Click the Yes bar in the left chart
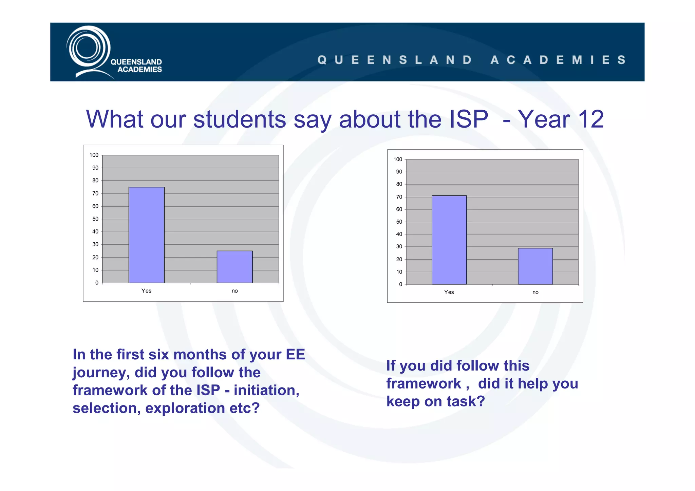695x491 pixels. (146, 235)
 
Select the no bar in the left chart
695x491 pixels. (234, 267)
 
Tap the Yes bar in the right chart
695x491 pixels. (449, 240)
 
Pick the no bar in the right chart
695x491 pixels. (535, 266)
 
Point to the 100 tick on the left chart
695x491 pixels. (94, 155)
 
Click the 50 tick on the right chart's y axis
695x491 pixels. (399, 222)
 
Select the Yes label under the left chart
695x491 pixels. (146, 291)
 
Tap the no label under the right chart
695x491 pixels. (535, 292)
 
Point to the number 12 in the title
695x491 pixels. (591, 119)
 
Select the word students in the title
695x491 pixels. (240, 119)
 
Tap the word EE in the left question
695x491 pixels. (295, 355)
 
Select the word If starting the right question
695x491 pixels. (391, 366)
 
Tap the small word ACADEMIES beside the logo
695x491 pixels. (139, 70)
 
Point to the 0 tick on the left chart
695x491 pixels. (97, 283)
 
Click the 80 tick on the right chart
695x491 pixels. (399, 184)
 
